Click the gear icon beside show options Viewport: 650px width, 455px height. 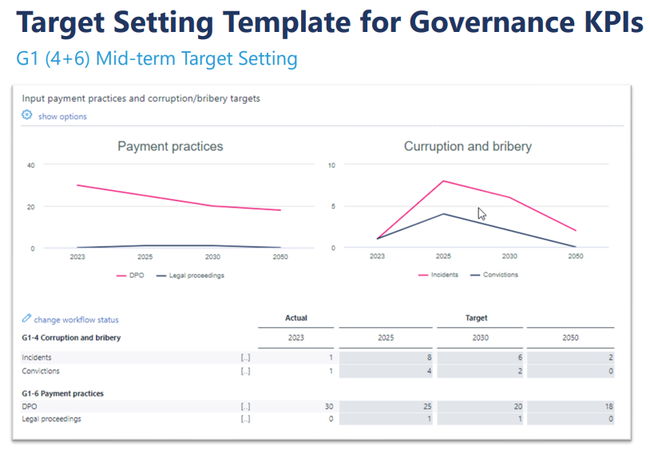click(x=26, y=116)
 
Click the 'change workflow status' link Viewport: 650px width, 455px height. click(x=76, y=320)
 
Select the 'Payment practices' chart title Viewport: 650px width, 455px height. click(x=170, y=146)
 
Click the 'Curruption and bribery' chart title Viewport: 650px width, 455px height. click(x=467, y=146)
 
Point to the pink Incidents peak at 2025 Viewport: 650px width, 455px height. click(x=443, y=181)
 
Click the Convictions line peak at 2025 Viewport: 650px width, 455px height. click(x=443, y=214)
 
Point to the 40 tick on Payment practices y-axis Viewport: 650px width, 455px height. click(x=31, y=166)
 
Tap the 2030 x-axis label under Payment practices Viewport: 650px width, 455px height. click(x=212, y=257)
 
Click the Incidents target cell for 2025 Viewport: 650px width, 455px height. click(x=386, y=357)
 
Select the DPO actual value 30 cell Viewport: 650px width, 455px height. click(x=296, y=405)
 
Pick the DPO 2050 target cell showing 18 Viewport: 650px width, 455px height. click(x=570, y=405)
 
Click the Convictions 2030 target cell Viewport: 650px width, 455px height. click(x=481, y=371)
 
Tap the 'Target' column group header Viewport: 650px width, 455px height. click(x=476, y=317)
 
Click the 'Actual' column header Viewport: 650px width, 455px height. click(x=296, y=317)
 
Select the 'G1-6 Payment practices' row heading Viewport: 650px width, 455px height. click(x=62, y=393)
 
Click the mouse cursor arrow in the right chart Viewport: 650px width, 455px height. click(x=482, y=214)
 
